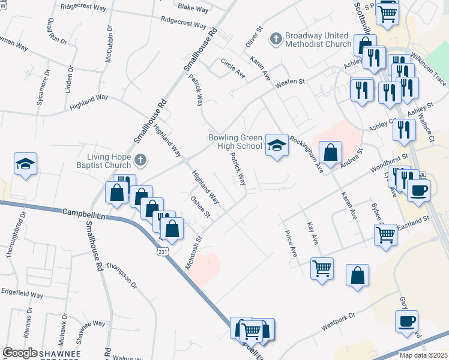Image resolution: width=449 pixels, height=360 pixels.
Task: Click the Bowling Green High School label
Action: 235,142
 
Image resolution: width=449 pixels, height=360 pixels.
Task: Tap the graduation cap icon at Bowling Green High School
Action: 276,145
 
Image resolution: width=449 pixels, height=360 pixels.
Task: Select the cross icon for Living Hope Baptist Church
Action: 140,160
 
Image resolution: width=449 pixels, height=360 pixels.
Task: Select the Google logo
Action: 20,353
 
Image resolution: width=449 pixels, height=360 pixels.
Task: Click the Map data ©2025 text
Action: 423,355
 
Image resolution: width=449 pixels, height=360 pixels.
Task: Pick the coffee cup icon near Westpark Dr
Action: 406,320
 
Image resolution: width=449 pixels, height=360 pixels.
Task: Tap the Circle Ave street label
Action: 233,68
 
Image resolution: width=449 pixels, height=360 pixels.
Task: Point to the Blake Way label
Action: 193,9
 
